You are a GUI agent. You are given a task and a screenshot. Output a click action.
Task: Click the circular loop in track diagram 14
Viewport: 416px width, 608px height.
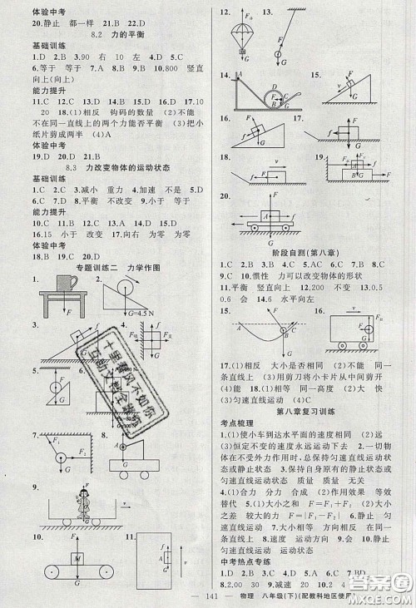pos(275,96)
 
